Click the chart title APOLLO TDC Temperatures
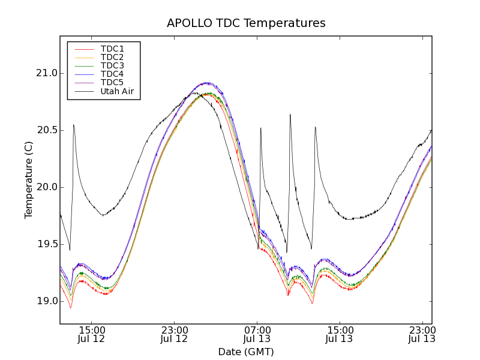(x=246, y=23)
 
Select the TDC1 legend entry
(x=112, y=49)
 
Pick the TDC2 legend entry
(x=112, y=57)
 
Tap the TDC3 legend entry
(x=112, y=65)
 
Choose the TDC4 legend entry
(x=112, y=74)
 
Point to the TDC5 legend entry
(x=112, y=82)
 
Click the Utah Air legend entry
(x=117, y=91)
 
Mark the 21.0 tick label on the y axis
(x=46, y=73)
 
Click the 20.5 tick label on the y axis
(x=46, y=130)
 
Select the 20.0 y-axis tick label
(x=46, y=187)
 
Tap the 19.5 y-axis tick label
(x=46, y=244)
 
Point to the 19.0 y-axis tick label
(x=46, y=301)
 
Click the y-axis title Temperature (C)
(x=29, y=180)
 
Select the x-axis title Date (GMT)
(x=246, y=352)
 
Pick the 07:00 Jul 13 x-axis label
(x=257, y=334)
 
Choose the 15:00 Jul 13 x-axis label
(x=340, y=334)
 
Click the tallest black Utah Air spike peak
(x=290, y=115)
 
